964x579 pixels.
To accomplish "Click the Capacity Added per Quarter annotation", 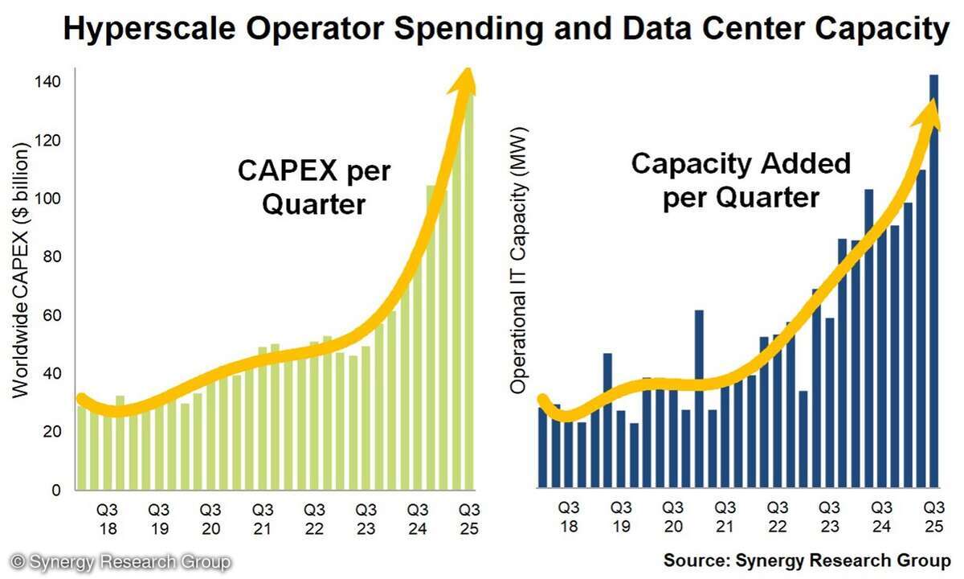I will pyautogui.click(x=740, y=180).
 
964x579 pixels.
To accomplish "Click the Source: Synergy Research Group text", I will pyautogui.click(x=807, y=560).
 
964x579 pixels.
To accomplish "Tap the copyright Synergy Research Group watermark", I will pyautogui.click(x=120, y=561).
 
